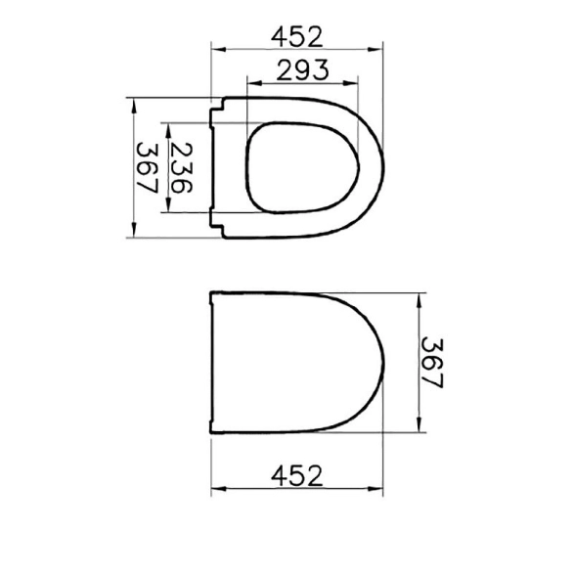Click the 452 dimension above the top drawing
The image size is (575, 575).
point(297,37)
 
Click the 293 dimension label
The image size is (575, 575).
point(302,70)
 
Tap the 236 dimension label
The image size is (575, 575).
point(181,168)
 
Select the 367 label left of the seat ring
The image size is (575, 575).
point(147,168)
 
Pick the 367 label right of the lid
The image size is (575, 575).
point(432,363)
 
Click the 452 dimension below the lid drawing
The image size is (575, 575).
point(297,475)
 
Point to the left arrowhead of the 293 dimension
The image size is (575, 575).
point(254,83)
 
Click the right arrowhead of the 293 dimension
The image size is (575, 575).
point(350,83)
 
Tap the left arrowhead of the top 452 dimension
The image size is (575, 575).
point(219,49)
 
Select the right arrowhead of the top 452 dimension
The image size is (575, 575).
point(376,49)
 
